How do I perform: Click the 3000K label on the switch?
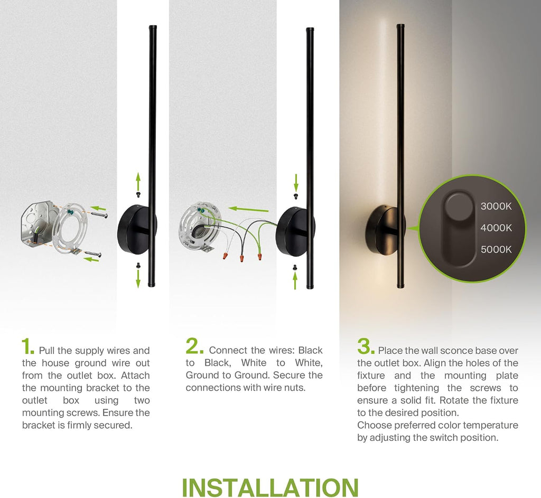coord(496,206)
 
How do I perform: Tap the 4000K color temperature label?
coord(496,228)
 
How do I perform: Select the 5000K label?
coord(496,249)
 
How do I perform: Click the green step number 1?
coord(28,346)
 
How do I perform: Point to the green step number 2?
coord(194,346)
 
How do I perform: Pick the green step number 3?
coord(366,346)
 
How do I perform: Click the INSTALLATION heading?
coord(270,487)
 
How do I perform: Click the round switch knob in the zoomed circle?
coord(459,208)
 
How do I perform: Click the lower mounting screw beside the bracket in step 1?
coord(93,254)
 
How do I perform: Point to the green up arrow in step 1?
coord(138,182)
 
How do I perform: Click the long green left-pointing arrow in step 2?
coord(248,209)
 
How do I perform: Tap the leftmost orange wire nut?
coord(225,256)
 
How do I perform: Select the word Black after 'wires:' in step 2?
coord(310,350)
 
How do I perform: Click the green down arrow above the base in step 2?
coord(296,183)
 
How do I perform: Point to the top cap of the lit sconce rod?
coord(400,26)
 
